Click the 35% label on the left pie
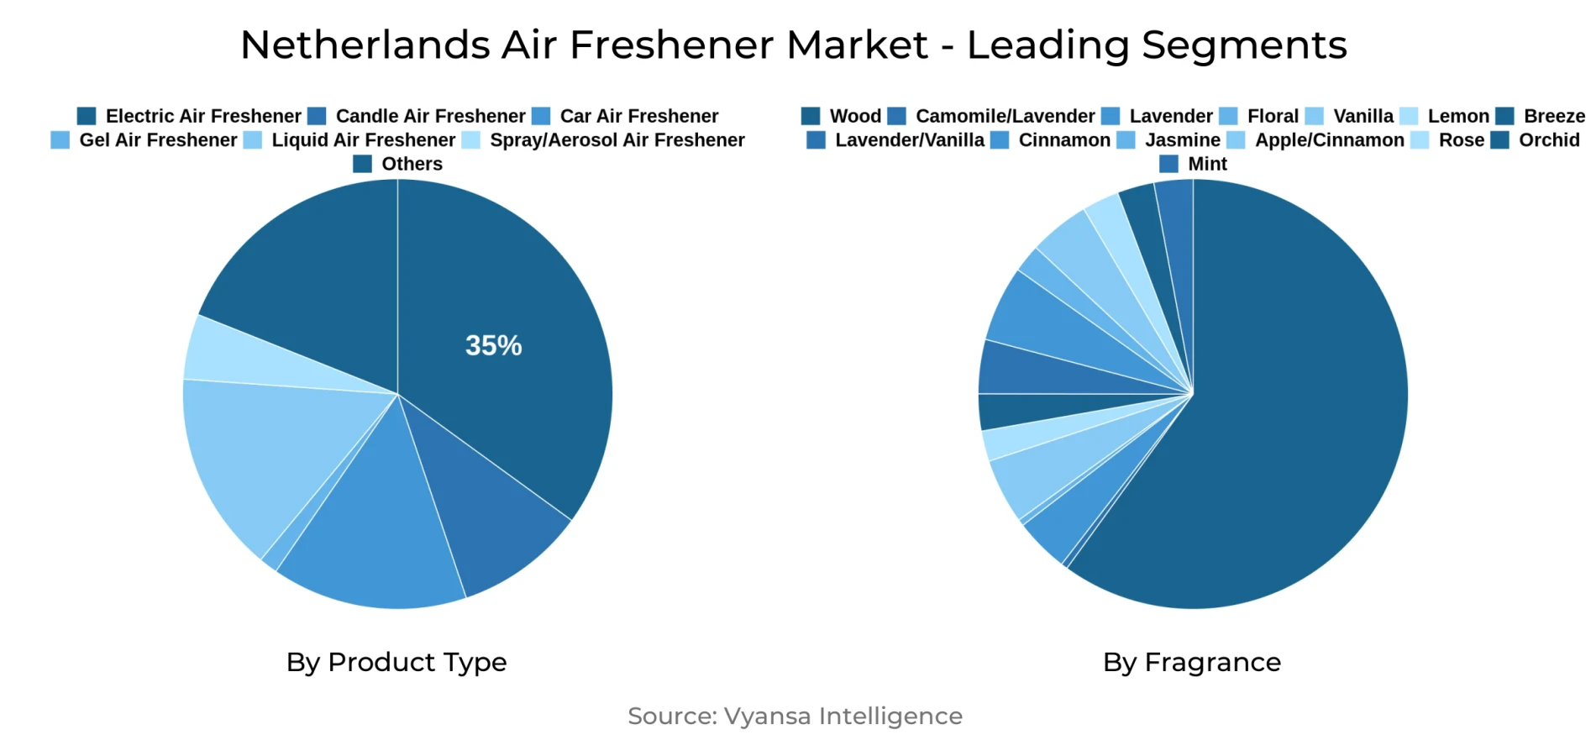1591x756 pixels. (493, 345)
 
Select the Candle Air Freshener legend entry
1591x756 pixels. (417, 116)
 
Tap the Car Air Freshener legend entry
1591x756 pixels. (626, 116)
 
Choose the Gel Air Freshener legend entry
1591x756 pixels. (144, 140)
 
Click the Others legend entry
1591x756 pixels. (398, 164)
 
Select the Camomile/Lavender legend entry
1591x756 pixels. (992, 116)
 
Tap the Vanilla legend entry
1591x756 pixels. (1350, 116)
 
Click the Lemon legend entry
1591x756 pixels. (1445, 116)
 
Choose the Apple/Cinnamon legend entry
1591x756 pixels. (1316, 140)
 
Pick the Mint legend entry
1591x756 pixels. (1194, 164)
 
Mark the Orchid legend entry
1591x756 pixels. (1536, 140)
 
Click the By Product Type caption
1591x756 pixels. (396, 662)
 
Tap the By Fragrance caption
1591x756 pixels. (1192, 662)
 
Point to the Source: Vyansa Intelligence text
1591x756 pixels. (795, 716)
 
